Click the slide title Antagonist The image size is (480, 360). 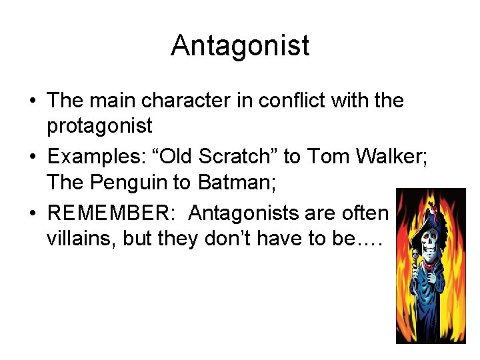[x=240, y=45]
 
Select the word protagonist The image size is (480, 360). [x=99, y=124]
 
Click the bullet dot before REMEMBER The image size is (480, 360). [x=33, y=214]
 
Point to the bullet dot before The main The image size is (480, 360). [x=33, y=101]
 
